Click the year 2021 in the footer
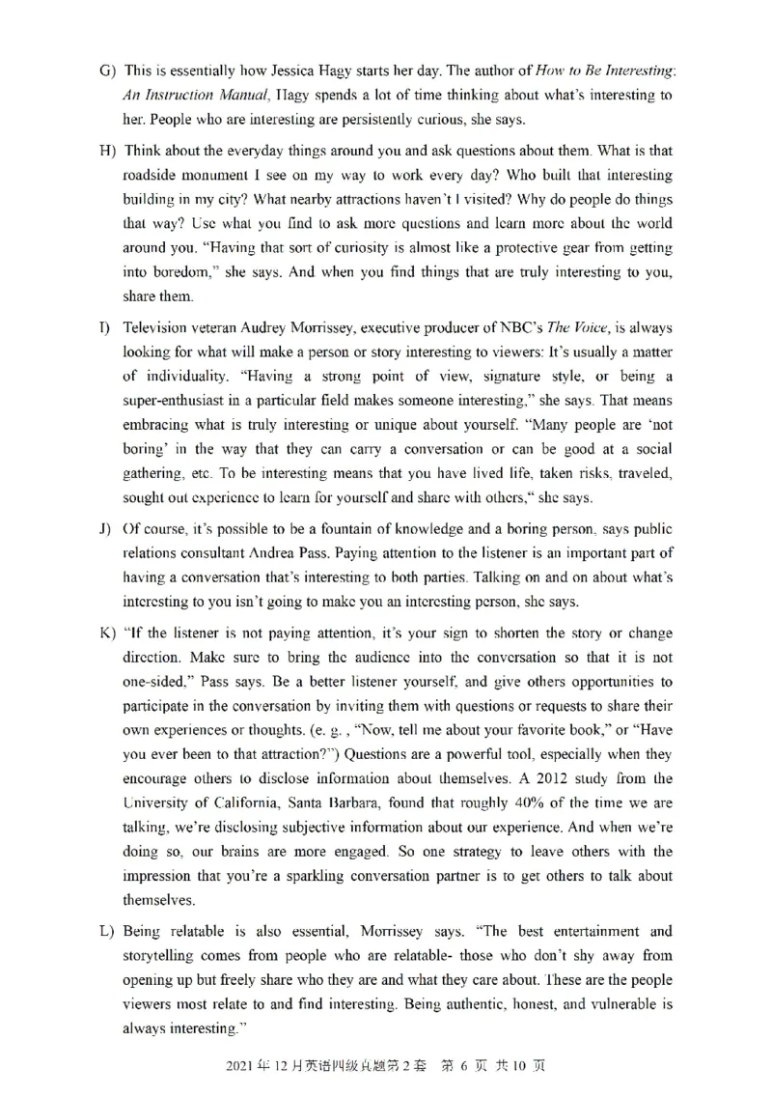click(x=241, y=1068)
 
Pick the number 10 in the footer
click(x=521, y=1068)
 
